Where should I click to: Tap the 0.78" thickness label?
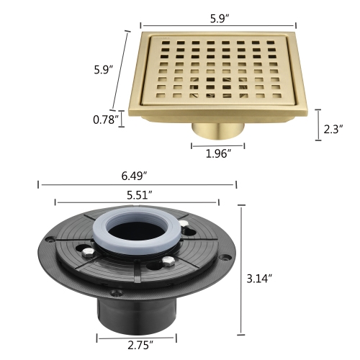(105, 120)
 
